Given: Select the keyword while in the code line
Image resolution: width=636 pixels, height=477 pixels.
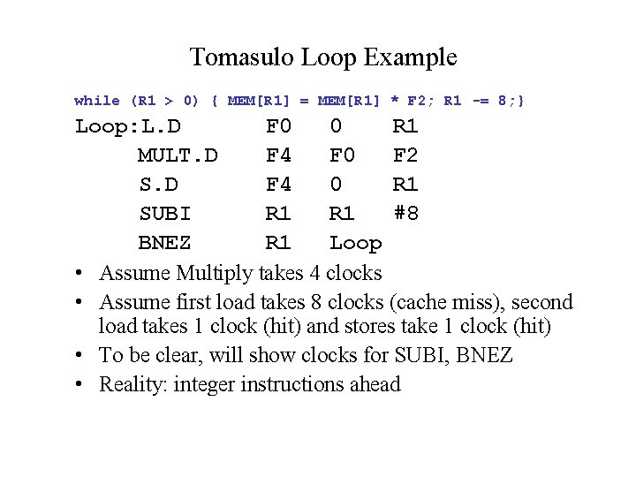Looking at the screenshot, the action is (x=97, y=101).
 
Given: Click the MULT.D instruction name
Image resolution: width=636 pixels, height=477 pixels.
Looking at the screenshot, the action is (x=178, y=156).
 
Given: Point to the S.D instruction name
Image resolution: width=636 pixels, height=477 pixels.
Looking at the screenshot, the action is (x=158, y=185).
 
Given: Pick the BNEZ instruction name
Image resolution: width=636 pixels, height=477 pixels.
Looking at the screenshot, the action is (x=164, y=243).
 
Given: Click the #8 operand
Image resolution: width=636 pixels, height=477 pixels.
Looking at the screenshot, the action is (x=405, y=214).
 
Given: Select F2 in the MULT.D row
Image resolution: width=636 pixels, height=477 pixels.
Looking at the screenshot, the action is (x=405, y=156).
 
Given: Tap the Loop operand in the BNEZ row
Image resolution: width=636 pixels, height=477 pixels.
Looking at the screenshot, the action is (x=355, y=243).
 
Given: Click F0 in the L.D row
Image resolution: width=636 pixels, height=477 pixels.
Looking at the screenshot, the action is (x=278, y=127).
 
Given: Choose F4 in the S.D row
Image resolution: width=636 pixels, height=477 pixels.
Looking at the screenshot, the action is (x=278, y=185).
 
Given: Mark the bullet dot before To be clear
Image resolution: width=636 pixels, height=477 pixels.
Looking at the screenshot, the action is (x=79, y=356).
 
